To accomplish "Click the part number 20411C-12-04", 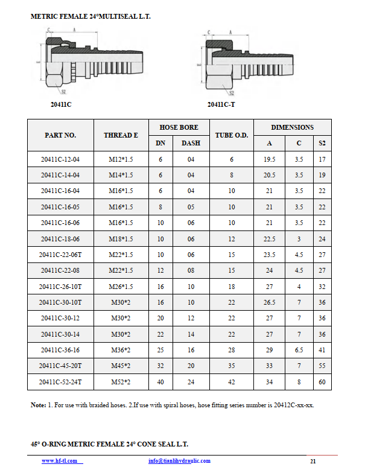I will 60,159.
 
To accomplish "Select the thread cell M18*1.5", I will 121,238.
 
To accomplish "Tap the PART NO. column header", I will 60,135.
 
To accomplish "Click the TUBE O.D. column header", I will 232,135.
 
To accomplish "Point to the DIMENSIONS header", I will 292,127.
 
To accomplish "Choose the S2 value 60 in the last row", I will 322,382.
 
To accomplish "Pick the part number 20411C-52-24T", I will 60,382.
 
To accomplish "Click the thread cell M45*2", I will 121,366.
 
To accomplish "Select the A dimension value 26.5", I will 269,302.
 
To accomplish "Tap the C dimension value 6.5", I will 299,350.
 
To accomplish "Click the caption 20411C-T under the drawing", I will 221,104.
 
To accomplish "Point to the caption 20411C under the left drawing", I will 61,104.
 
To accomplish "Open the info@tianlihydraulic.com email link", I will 179,461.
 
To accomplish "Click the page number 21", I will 313,462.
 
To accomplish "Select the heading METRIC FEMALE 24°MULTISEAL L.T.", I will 90,16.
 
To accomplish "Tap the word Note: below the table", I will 38,405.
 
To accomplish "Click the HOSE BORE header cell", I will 179,127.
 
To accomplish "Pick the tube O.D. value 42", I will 232,382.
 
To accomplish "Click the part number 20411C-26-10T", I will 60,287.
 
